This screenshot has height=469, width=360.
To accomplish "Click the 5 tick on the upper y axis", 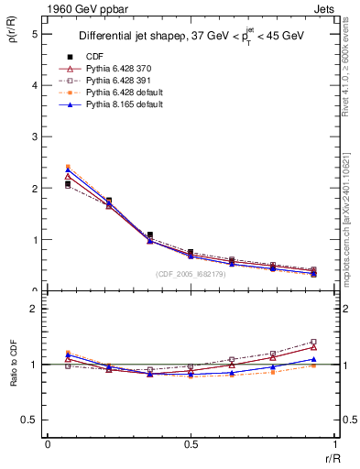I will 34,33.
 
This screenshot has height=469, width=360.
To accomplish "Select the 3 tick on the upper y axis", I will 34,136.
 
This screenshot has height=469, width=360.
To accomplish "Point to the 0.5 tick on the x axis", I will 190,443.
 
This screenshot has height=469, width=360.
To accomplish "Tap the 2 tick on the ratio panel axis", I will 34,310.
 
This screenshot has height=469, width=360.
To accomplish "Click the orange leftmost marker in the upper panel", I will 68,167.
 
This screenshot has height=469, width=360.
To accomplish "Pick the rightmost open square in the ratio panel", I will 313,342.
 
